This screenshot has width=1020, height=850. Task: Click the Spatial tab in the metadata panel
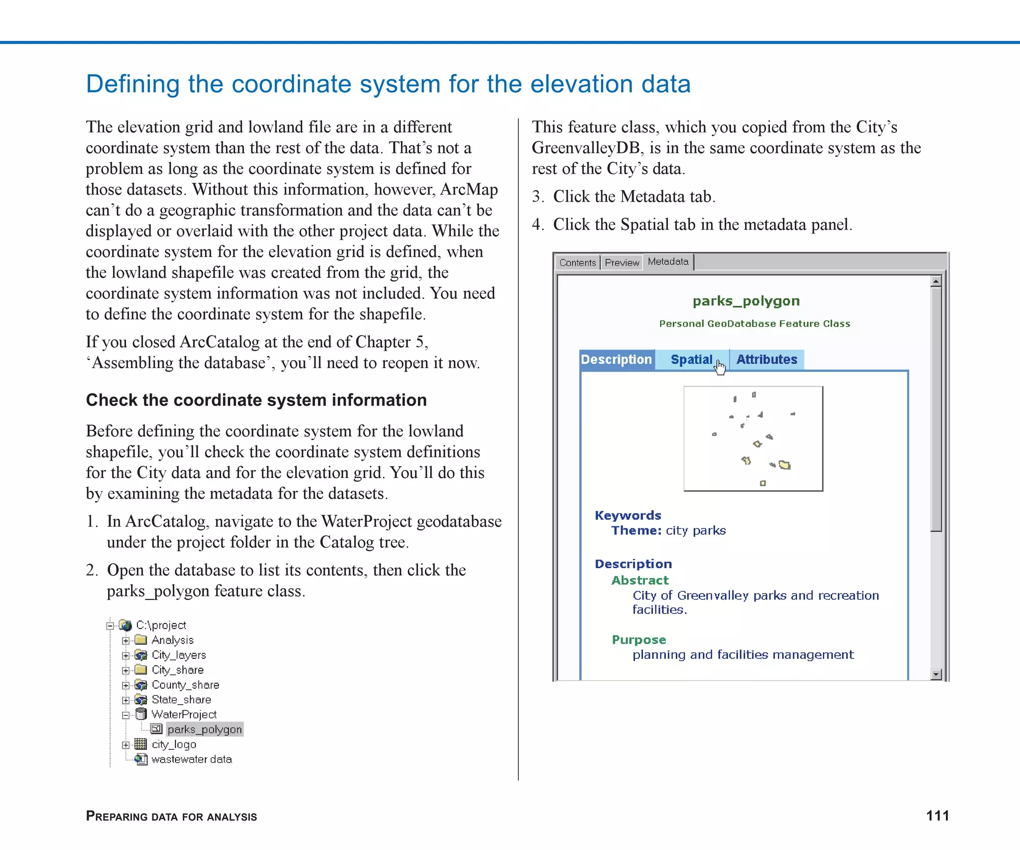click(x=691, y=360)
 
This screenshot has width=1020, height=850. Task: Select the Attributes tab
click(x=766, y=360)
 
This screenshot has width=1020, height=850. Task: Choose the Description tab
click(x=617, y=360)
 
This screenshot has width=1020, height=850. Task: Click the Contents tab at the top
click(x=577, y=262)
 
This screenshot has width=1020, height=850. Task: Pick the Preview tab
click(x=622, y=262)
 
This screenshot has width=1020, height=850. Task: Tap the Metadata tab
click(x=668, y=261)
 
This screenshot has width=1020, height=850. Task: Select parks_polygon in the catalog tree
click(x=205, y=729)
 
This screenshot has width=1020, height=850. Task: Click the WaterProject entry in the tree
click(x=184, y=715)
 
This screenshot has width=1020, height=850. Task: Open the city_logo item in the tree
click(x=174, y=744)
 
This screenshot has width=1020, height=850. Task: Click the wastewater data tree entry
click(x=191, y=759)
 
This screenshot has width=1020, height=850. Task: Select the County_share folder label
click(x=185, y=685)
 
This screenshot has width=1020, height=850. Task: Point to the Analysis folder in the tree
click(x=172, y=640)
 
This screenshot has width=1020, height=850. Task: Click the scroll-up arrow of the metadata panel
click(x=936, y=281)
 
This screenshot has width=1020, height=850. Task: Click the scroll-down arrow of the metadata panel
click(x=936, y=674)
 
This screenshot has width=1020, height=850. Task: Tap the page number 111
click(x=937, y=816)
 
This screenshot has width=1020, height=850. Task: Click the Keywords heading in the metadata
click(x=628, y=515)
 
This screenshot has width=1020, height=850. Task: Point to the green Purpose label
click(x=638, y=640)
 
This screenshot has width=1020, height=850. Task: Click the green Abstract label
click(x=639, y=580)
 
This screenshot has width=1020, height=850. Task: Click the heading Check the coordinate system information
click(x=256, y=400)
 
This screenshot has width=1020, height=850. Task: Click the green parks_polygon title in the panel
click(x=746, y=301)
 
